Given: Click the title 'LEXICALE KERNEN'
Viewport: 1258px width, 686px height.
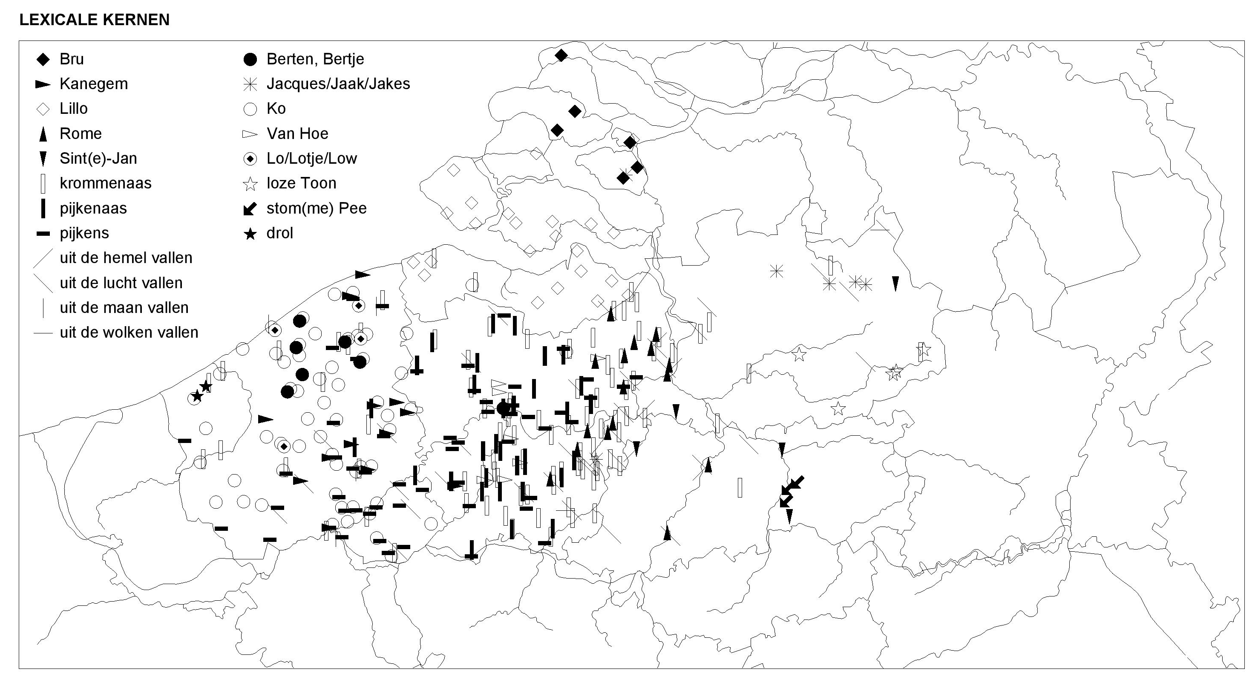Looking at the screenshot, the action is (x=94, y=20).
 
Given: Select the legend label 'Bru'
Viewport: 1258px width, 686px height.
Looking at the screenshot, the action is (x=72, y=59).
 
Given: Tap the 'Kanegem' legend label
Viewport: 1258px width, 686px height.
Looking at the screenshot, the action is (x=94, y=84).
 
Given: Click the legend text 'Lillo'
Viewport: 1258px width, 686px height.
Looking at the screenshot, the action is (x=74, y=108).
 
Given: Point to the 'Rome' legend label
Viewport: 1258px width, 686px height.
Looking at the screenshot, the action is (x=81, y=133).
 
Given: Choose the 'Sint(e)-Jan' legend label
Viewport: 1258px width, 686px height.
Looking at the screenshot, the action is (x=98, y=158).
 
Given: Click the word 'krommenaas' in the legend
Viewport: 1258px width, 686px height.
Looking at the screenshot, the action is (x=106, y=183).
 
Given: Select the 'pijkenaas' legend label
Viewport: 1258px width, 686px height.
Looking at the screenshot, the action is (x=93, y=208).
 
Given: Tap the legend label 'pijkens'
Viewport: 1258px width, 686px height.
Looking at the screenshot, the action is (x=84, y=233).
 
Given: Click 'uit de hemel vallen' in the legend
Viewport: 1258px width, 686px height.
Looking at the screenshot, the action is (x=126, y=258).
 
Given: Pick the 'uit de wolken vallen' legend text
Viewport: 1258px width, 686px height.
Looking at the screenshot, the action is (x=129, y=332).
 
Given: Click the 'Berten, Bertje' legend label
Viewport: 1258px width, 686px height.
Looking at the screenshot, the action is (x=315, y=59).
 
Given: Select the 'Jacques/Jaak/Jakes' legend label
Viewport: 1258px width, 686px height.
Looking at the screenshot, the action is (x=338, y=84).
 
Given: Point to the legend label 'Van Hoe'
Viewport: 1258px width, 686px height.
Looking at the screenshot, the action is (x=297, y=133).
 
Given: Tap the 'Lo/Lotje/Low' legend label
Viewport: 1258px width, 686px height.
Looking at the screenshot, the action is (x=311, y=158).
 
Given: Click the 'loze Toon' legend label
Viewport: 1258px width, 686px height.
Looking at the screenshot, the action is (x=301, y=183).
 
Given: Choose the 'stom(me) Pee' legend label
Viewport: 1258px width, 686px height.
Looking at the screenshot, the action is (x=317, y=208).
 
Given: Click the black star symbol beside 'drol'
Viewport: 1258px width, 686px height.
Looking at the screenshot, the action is (x=250, y=234).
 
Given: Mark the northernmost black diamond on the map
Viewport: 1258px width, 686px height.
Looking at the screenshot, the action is (x=561, y=55).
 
